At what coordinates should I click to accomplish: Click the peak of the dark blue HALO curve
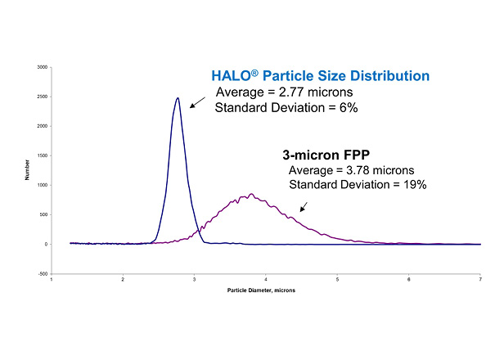[x=178, y=98]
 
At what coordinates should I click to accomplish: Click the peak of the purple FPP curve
[x=251, y=194]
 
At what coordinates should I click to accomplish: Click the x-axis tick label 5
[x=337, y=279]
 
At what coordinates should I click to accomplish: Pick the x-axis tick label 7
[x=480, y=279]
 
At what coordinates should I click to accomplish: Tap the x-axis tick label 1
[x=52, y=279]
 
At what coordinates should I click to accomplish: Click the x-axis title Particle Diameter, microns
[x=266, y=290]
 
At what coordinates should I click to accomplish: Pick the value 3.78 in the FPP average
[x=365, y=170]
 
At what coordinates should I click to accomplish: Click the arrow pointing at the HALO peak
[x=196, y=103]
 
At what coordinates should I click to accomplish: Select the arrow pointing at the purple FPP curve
[x=304, y=206]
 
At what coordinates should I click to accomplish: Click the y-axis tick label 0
[x=46, y=244]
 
